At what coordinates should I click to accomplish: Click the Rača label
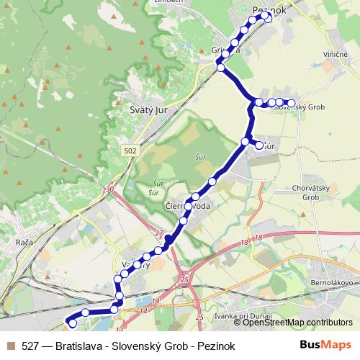coord(24,243)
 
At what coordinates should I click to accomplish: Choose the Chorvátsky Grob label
coord(307,192)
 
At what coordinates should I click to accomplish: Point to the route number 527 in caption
coord(30,346)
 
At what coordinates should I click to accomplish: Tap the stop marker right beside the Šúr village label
coord(259,145)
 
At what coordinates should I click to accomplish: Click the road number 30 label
coord(109,189)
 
